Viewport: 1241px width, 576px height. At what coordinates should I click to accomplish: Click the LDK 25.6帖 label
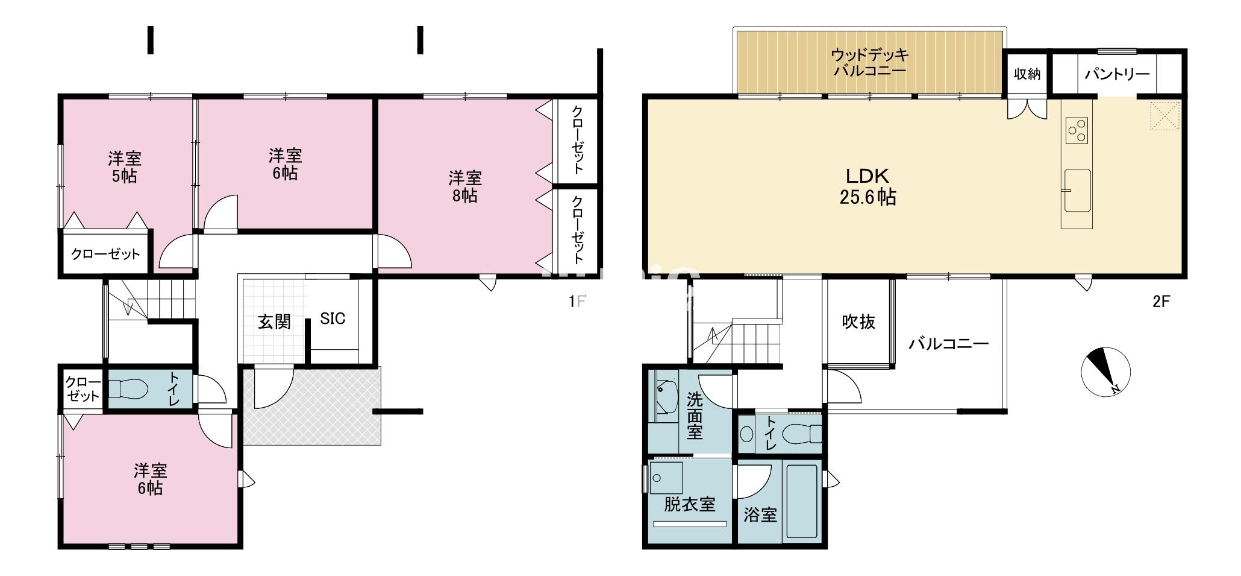(x=867, y=186)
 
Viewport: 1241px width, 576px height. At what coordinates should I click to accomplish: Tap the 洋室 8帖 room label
(x=464, y=186)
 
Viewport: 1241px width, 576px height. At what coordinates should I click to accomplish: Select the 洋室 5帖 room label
(x=125, y=167)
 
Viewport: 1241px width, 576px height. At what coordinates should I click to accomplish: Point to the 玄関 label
(x=274, y=321)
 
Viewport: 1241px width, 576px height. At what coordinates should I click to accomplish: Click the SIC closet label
(x=333, y=318)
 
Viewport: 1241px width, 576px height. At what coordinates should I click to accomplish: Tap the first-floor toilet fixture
(x=128, y=389)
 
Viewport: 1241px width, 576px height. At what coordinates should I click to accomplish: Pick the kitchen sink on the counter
(x=1077, y=191)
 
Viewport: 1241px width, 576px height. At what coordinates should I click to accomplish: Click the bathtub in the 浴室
(x=801, y=502)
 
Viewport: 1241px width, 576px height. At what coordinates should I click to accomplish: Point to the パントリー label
(x=1117, y=74)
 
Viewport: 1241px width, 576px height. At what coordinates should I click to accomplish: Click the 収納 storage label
(x=1027, y=74)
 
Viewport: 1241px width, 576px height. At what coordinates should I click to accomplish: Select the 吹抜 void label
(x=858, y=322)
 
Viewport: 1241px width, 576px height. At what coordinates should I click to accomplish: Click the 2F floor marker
(x=1161, y=302)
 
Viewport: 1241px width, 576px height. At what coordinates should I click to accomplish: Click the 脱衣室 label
(x=689, y=504)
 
